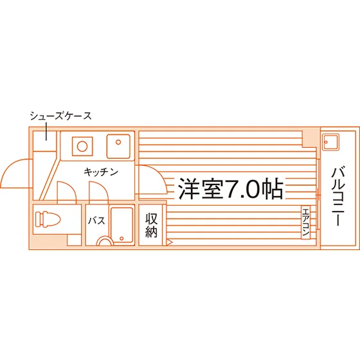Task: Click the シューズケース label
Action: [60, 116]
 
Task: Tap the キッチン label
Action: [101, 172]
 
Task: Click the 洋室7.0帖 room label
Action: [231, 189]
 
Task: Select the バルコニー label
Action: [338, 196]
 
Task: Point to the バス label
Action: [96, 221]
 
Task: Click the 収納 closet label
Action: [151, 225]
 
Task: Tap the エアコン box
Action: [305, 222]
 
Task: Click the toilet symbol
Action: [48, 219]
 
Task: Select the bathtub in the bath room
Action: [122, 225]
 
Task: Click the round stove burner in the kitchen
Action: [82, 147]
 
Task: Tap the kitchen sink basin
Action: [118, 147]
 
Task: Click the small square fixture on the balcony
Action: [330, 142]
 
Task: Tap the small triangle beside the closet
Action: [170, 242]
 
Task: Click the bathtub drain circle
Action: [122, 239]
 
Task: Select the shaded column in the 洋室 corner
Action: [309, 139]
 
